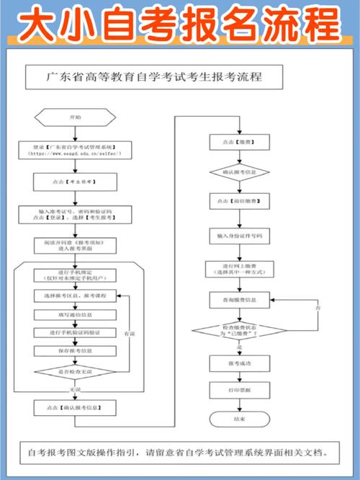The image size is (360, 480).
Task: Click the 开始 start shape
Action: [x=76, y=117]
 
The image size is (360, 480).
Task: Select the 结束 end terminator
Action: [x=239, y=418]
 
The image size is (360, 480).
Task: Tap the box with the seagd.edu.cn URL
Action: [x=76, y=150]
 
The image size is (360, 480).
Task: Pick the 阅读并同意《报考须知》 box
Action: [x=76, y=246]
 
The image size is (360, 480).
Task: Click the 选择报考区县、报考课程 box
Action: [x=76, y=296]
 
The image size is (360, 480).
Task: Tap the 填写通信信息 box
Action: [x=76, y=314]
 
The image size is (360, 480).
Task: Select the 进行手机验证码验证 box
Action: [x=76, y=332]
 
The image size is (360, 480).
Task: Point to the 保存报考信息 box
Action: [x=76, y=350]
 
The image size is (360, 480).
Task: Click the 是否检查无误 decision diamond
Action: [x=76, y=371]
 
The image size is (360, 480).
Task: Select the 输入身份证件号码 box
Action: [x=239, y=236]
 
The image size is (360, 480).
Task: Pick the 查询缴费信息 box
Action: [x=239, y=298]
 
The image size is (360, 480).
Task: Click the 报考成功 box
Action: [x=239, y=364]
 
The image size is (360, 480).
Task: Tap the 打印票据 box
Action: [x=239, y=391]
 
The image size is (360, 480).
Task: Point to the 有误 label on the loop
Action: [x=129, y=334]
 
